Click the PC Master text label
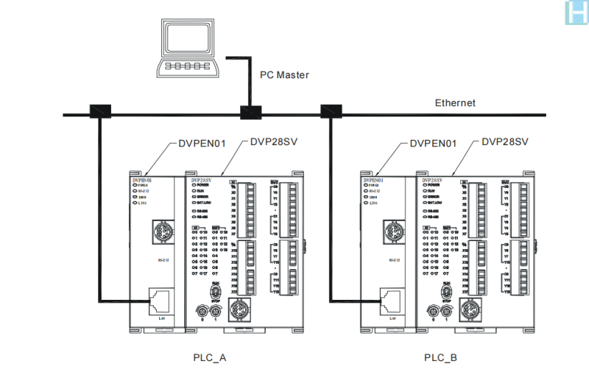(x=284, y=75)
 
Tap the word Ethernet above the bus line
(x=455, y=102)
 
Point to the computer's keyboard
(x=187, y=66)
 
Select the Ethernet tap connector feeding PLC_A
(x=99, y=111)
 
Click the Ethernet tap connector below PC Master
(x=250, y=113)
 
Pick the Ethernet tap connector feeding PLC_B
(x=329, y=111)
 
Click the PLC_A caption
(x=210, y=357)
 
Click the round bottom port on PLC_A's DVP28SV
(x=239, y=309)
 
